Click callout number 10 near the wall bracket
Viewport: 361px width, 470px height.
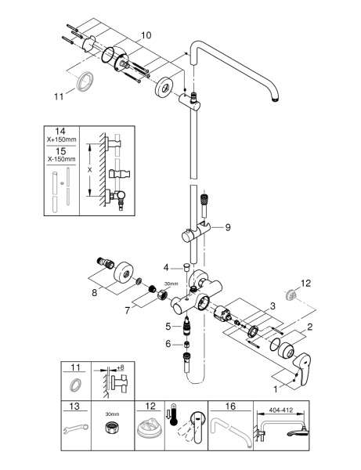146,35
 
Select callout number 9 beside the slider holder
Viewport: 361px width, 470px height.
228,227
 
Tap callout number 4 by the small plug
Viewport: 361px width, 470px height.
166,267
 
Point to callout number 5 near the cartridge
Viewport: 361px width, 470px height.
168,326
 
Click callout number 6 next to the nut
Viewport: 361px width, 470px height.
168,344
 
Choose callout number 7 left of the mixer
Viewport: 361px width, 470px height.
128,311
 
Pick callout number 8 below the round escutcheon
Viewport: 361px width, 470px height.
95,292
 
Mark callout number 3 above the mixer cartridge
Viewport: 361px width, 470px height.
273,306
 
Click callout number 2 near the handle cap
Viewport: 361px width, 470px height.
310,327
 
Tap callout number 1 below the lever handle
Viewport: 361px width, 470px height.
276,389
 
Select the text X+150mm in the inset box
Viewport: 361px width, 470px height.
61,139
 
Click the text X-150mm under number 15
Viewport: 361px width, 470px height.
61,159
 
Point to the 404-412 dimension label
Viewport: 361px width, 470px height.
280,410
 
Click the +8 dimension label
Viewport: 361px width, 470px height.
120,367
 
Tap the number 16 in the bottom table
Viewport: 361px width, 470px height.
230,407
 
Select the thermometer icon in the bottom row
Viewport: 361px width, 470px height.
173,415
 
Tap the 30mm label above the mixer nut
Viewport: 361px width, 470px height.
171,284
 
